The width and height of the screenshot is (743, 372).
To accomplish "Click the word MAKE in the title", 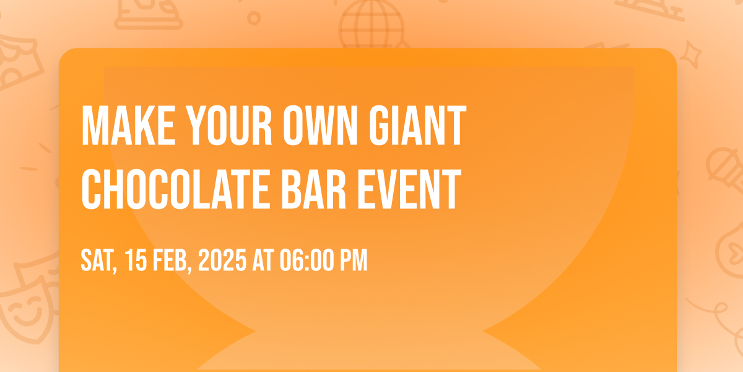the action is tap(128, 125).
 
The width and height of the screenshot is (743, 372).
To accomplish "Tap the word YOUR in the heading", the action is tap(229, 125).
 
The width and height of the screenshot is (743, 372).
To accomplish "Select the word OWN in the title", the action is tap(321, 125).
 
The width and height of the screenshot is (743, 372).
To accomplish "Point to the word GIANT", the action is tap(417, 125).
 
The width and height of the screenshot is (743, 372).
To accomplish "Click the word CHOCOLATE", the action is tap(176, 189).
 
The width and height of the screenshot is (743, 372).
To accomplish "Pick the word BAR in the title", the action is tap(314, 189).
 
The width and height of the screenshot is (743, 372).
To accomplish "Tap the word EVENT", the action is tap(409, 189).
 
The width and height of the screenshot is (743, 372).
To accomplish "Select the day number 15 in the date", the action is tap(136, 260).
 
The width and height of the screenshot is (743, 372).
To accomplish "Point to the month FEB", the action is tap(173, 261).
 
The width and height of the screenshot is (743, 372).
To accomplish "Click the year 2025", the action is tap(222, 260).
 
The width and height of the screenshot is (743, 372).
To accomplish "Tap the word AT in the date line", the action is tap(263, 260).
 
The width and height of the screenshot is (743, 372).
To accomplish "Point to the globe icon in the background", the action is tap(371, 25).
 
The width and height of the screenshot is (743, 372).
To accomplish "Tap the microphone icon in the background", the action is tap(725, 169).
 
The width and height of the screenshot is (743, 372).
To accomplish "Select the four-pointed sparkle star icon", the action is tap(690, 55).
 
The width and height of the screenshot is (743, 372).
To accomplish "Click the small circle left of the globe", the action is tap(254, 18).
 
